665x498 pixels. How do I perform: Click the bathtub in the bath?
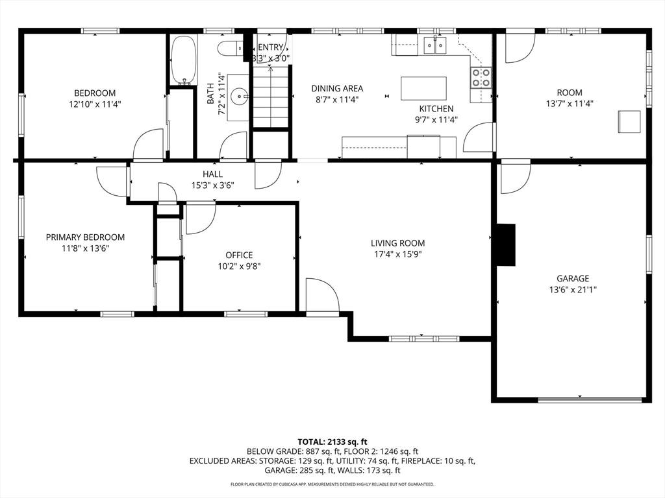click(x=183, y=60)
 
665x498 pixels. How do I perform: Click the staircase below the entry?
click(x=270, y=97)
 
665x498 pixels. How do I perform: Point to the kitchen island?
click(x=423, y=88)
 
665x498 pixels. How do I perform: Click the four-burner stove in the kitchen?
click(x=481, y=78)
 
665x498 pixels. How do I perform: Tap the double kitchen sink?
click(x=435, y=45)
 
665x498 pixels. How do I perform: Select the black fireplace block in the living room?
click(x=505, y=244)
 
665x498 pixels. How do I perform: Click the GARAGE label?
click(x=572, y=278)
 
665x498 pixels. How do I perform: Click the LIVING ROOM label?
click(x=397, y=243)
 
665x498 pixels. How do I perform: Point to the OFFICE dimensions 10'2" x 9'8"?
click(x=239, y=266)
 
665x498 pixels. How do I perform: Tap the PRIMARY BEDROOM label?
click(x=85, y=237)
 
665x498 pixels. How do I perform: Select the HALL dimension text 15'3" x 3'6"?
click(x=212, y=185)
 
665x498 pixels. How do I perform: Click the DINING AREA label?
click(x=337, y=89)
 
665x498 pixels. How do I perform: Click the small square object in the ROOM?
click(x=629, y=121)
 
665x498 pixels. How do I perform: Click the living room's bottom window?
click(x=423, y=338)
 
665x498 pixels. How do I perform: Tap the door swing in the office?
click(x=199, y=218)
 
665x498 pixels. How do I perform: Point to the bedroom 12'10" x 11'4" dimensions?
click(x=94, y=104)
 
